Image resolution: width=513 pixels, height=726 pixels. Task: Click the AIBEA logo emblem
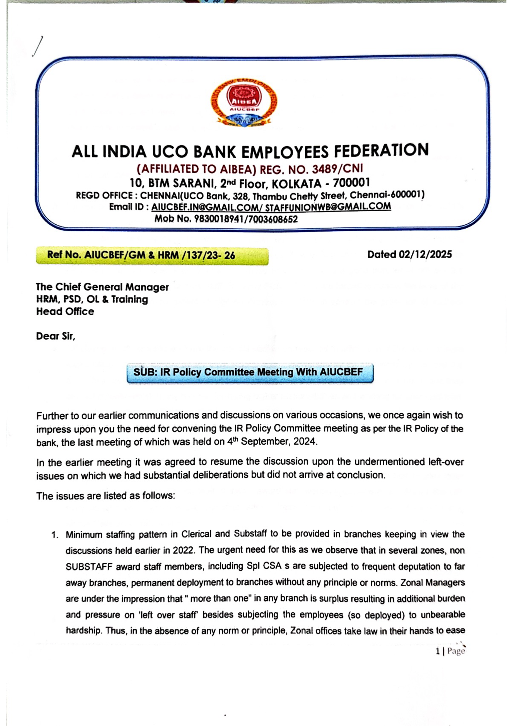[244, 103]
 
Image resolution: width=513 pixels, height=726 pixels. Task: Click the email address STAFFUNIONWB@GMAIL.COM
[328, 207]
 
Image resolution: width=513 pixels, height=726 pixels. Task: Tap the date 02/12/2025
[425, 254]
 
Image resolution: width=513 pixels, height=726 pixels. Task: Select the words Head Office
[65, 311]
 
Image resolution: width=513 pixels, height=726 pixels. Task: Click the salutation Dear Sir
[55, 336]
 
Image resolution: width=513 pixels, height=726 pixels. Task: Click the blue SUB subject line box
[250, 372]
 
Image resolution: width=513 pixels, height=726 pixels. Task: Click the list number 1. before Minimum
[54, 535]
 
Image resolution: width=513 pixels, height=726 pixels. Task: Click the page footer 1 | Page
[450, 651]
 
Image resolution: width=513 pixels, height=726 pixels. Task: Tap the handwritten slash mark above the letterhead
[37, 46]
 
